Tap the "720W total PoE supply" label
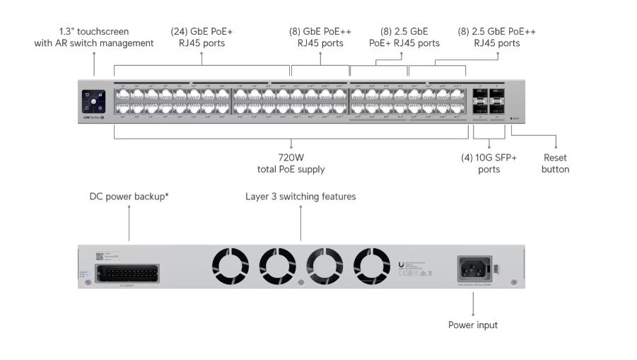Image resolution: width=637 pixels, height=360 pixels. (x=291, y=163)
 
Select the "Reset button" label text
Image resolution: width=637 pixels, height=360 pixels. (x=555, y=163)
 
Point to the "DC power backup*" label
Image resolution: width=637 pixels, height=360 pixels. (x=129, y=196)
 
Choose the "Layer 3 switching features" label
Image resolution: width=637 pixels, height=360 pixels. (x=300, y=196)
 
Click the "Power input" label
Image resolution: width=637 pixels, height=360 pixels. (x=473, y=325)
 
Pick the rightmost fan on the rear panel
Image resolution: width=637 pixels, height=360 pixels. (x=372, y=267)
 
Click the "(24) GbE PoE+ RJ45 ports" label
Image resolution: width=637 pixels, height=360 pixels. (x=201, y=37)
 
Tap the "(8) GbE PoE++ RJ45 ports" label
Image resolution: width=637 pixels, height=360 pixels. (x=320, y=37)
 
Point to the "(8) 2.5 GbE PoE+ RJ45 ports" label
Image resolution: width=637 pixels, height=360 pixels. (x=404, y=37)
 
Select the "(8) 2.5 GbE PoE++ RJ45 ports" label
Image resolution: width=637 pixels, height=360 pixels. (x=497, y=37)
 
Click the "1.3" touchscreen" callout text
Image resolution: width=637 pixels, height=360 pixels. (x=94, y=37)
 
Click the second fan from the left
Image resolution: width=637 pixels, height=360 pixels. (x=276, y=267)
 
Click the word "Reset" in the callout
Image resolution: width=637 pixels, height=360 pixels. (x=555, y=158)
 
